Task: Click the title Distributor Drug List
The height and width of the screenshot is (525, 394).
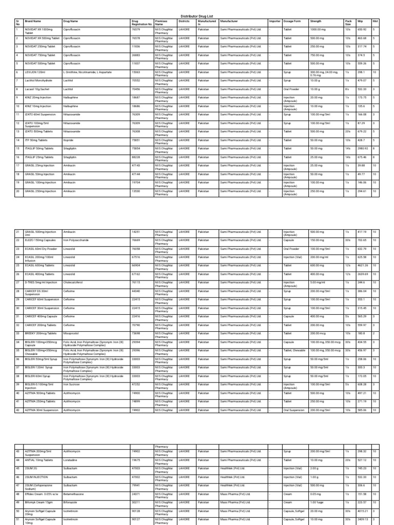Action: tap(197, 16)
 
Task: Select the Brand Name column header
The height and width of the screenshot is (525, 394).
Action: tap(33, 22)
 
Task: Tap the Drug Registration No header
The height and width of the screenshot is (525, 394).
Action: tap(142, 23)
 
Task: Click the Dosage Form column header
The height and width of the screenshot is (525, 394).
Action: tap(292, 22)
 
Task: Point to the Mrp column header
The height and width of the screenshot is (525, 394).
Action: tap(360, 22)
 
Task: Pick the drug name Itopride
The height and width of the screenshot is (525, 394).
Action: tap(69, 140)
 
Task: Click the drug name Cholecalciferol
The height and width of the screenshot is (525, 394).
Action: tap(74, 282)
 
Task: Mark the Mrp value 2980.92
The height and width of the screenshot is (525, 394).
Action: tap(364, 149)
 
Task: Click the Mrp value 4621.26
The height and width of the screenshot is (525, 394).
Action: tap(364, 266)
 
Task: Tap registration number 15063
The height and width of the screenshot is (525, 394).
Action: tap(136, 72)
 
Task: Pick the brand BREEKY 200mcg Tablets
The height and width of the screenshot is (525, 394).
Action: tap(42, 333)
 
